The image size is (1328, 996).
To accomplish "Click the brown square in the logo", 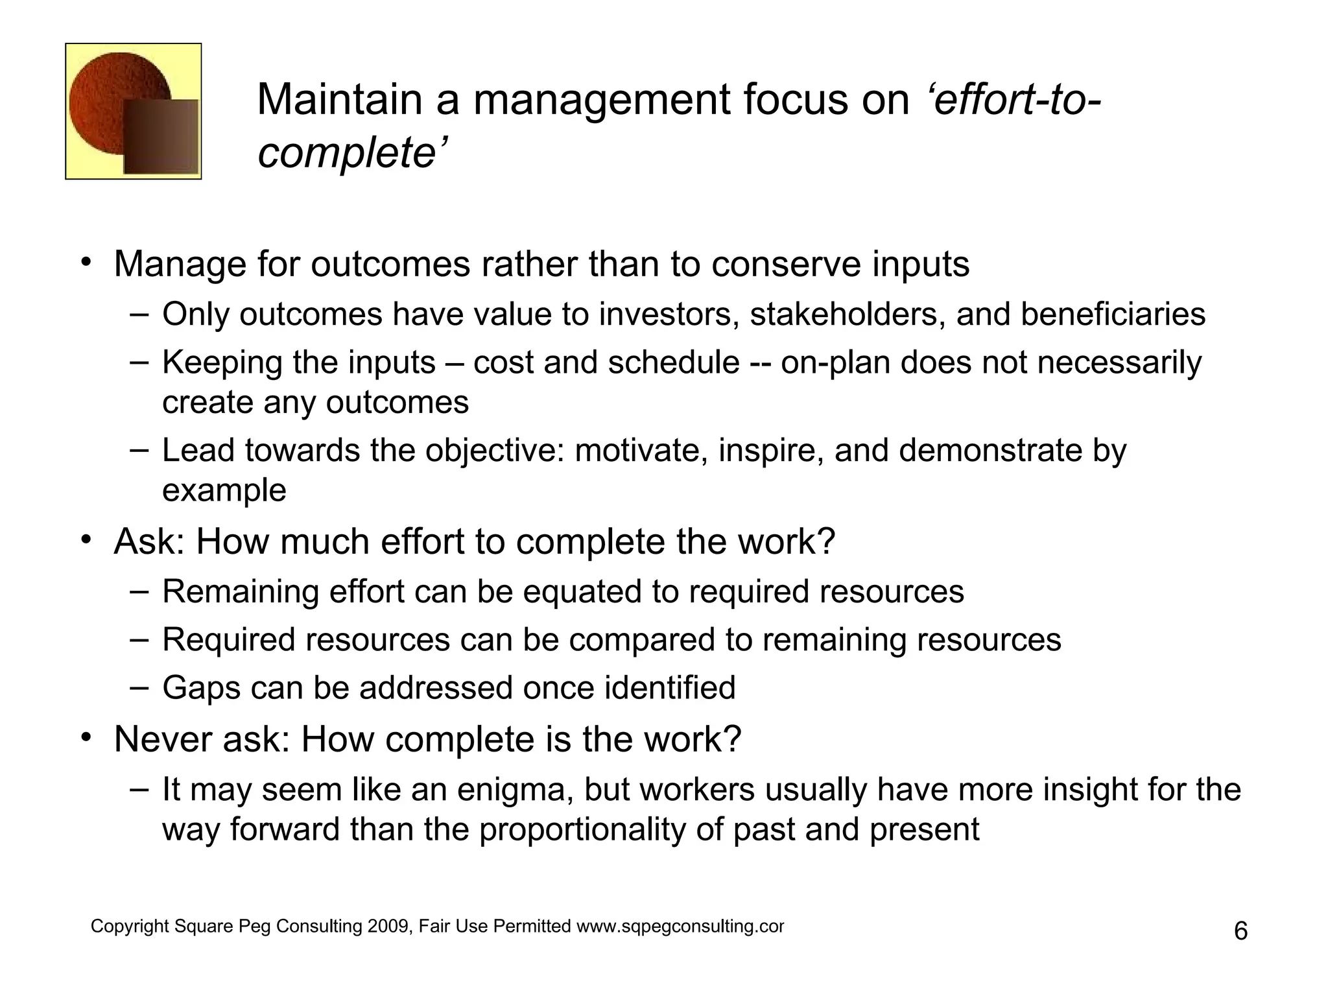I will click(x=161, y=137).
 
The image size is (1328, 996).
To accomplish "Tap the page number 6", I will click(x=1240, y=932).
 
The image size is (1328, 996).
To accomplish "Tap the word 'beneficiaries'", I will click(x=1113, y=314).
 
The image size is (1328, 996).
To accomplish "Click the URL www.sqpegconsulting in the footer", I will click(x=680, y=927).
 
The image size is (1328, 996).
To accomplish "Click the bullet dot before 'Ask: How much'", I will click(x=86, y=540).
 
